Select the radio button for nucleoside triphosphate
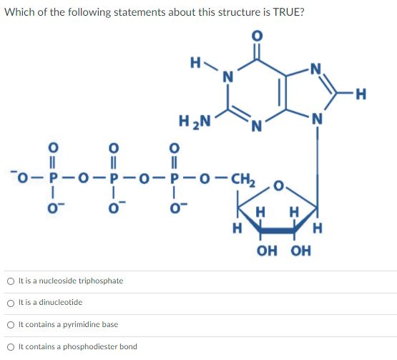(x=11, y=281)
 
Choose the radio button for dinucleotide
(x=11, y=303)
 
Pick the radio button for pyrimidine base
(x=11, y=325)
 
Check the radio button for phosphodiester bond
(x=11, y=347)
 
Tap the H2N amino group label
(x=195, y=122)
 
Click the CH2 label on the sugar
(x=243, y=180)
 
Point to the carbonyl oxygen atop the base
(x=257, y=36)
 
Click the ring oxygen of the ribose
(x=278, y=186)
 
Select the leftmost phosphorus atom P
(x=52, y=178)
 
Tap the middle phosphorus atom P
(x=114, y=178)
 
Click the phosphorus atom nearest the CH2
(x=174, y=178)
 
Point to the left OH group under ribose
(x=267, y=250)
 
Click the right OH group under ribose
(x=300, y=250)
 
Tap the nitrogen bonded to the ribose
(x=318, y=119)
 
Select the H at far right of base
(x=361, y=94)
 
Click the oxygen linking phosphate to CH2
(x=205, y=178)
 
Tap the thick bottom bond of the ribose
(x=278, y=230)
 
